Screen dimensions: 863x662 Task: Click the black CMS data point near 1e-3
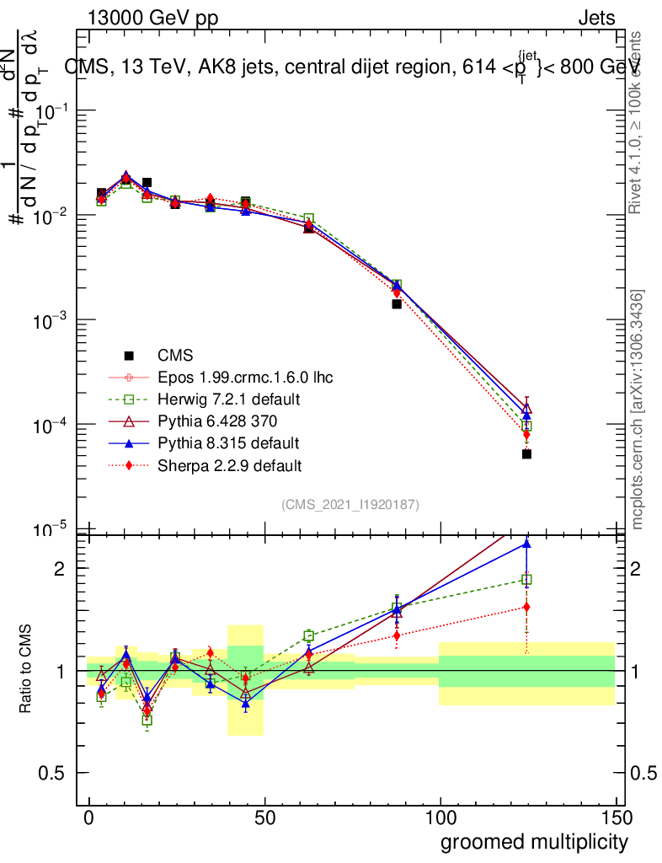click(x=397, y=303)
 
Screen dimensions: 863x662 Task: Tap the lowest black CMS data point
click(x=526, y=453)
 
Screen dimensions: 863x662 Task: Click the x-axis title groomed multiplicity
click(x=534, y=842)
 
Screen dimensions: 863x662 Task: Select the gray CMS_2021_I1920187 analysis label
click(x=350, y=504)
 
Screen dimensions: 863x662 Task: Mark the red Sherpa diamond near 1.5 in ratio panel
click(x=526, y=607)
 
